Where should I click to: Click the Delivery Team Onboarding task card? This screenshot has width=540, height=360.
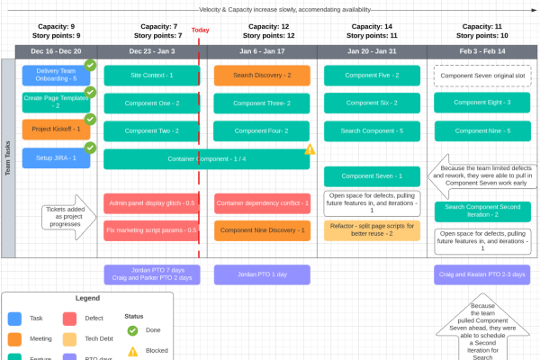tap(56, 75)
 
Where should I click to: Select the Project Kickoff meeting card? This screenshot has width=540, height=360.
tap(56, 130)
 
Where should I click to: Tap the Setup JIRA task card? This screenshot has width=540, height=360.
tap(56, 158)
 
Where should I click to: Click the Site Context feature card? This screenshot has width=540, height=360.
tap(150, 75)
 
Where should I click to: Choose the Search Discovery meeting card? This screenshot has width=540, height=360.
tap(262, 75)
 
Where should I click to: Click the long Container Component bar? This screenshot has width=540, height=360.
tap(206, 159)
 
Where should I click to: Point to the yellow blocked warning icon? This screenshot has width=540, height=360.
tap(310, 149)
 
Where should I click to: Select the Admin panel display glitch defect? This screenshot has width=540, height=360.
tap(150, 203)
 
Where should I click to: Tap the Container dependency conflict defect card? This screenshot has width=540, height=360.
tap(262, 203)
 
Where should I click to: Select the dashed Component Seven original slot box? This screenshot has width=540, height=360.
tap(482, 75)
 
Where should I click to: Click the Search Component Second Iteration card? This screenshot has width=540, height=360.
tap(482, 211)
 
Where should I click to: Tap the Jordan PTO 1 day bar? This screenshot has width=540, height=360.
tap(262, 274)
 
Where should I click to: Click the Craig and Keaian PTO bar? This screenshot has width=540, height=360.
tap(482, 274)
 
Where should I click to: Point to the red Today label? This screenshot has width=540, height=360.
tap(200, 30)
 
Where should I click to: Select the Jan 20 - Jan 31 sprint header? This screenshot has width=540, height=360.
tap(372, 51)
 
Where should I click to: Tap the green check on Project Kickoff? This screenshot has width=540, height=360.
tap(90, 119)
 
